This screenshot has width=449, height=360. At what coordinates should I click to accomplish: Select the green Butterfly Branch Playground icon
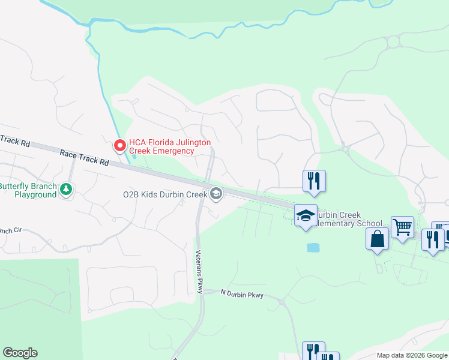(67, 190)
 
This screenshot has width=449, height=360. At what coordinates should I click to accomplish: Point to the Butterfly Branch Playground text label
(28, 190)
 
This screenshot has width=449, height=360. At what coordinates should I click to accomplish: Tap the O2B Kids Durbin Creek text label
(164, 194)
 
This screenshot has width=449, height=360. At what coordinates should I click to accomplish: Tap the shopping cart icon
(402, 227)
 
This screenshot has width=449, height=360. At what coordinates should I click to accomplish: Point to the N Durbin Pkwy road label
(243, 293)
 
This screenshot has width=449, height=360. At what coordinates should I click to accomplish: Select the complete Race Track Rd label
(84, 158)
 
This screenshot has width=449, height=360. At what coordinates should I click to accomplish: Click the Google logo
(20, 353)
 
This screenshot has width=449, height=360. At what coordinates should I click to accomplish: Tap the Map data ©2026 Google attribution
(412, 355)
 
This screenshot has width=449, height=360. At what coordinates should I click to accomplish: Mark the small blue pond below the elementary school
(313, 247)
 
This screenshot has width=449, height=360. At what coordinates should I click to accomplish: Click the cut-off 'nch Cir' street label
(10, 230)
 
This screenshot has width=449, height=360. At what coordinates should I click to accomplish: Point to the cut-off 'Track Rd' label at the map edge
(14, 140)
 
